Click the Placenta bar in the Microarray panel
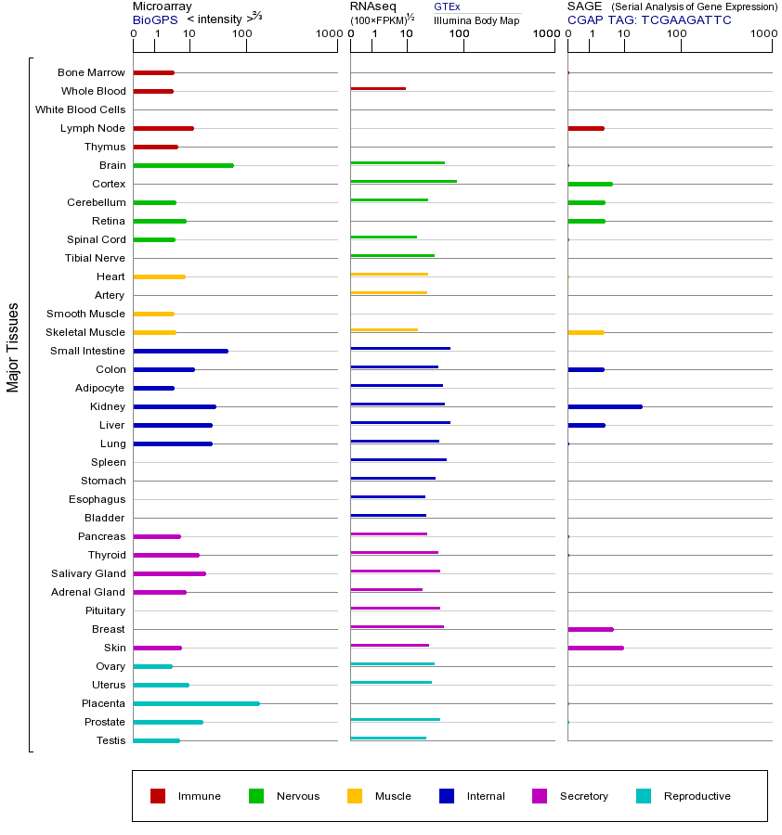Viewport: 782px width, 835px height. point(196,703)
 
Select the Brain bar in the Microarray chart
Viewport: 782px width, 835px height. point(183,165)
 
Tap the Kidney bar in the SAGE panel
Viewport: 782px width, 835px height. point(605,406)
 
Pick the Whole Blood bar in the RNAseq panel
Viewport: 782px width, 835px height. point(378,88)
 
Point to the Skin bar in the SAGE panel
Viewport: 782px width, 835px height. point(595,648)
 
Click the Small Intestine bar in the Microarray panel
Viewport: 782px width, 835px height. point(180,351)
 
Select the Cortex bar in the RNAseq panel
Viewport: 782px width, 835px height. point(403,181)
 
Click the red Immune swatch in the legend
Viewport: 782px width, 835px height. point(158,796)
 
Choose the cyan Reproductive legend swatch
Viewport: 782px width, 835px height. point(644,796)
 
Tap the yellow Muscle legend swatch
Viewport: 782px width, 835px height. point(355,796)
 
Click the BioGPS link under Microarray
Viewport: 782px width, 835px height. point(155,19)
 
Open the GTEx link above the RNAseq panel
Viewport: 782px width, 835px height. point(447,6)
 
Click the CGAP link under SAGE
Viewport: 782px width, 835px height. point(585,19)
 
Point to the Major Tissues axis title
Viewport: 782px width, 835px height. point(13,347)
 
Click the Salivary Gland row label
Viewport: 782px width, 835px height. point(88,573)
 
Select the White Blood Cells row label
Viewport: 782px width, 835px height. point(80,109)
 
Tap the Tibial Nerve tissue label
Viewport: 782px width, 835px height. point(95,258)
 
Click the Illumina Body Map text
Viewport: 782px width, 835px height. point(476,20)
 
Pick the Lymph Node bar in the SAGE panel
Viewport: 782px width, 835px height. point(586,128)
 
